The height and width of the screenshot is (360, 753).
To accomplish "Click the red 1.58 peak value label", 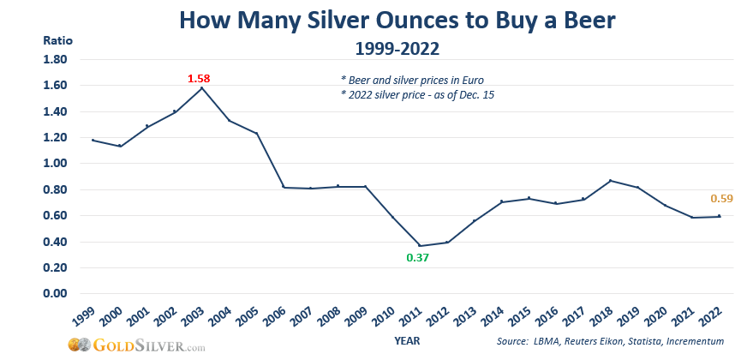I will pyautogui.click(x=199, y=79).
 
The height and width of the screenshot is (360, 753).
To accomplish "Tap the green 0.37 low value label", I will pyautogui.click(x=417, y=257).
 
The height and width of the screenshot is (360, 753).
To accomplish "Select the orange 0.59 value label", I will pyautogui.click(x=721, y=199).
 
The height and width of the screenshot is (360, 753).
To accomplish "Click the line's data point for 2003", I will pyautogui.click(x=202, y=87).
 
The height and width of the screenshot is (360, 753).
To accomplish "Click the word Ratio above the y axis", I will pyautogui.click(x=57, y=40).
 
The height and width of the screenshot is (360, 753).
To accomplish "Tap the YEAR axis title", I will pyautogui.click(x=407, y=340).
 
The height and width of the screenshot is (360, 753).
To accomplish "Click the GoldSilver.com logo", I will pyautogui.click(x=137, y=346).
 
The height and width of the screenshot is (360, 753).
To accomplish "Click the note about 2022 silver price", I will pyautogui.click(x=418, y=94).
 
